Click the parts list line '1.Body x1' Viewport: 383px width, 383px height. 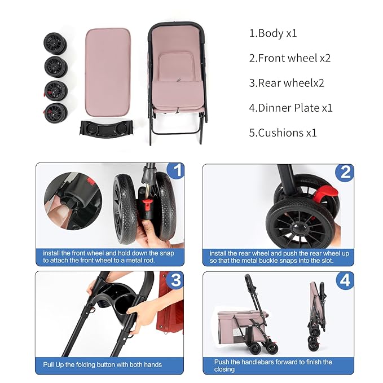coord(273,33)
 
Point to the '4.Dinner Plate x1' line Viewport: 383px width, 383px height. coord(291,107)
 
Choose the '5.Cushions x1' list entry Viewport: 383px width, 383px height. coord(283,133)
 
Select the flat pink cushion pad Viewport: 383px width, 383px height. coord(108,71)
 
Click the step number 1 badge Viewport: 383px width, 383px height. coord(176,171)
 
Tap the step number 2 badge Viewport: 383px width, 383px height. coord(344,172)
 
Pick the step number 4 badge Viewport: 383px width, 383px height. coord(344,280)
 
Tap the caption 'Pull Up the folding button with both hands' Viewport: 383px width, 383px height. coord(103,364)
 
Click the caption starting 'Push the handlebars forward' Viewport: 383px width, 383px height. coord(272,365)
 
